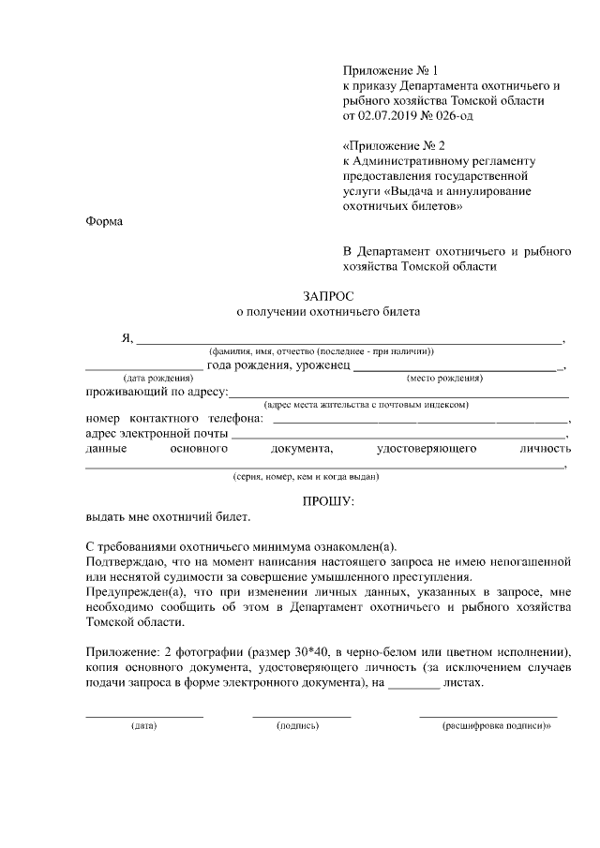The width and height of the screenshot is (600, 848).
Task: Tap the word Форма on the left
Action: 104,222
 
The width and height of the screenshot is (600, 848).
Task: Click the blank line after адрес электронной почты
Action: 398,437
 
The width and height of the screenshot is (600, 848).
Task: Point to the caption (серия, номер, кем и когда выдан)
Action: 306,476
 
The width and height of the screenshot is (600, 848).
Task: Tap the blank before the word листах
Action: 413,686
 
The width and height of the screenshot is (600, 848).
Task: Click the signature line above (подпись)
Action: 301,716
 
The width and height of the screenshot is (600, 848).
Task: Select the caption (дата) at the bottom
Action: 144,727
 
